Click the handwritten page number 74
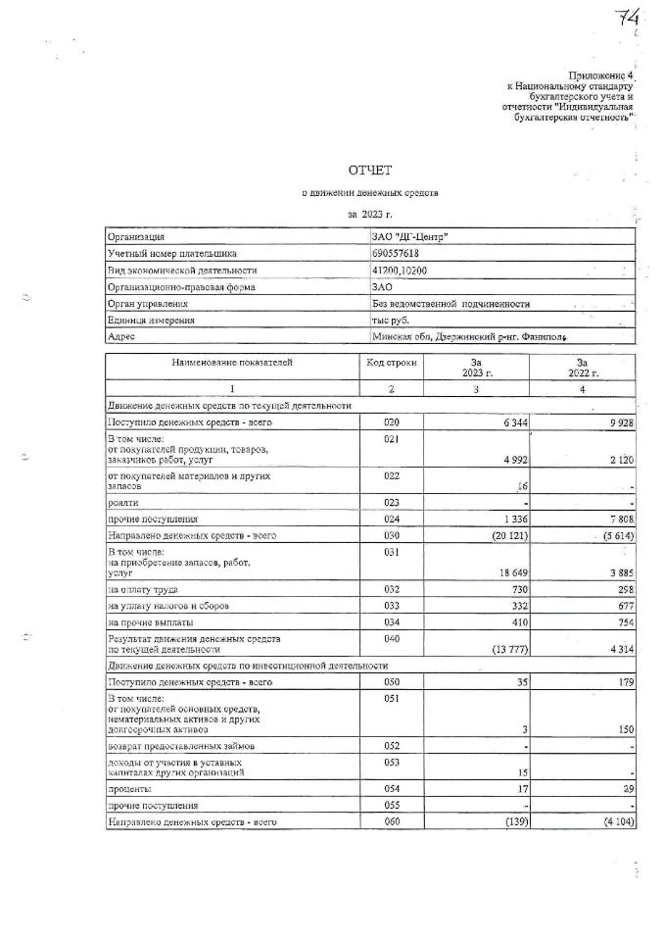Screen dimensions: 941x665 pyautogui.click(x=627, y=17)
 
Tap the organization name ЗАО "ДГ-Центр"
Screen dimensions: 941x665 pyautogui.click(x=411, y=237)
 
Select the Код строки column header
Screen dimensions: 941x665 pyautogui.click(x=391, y=363)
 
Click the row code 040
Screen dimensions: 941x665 pyautogui.click(x=391, y=637)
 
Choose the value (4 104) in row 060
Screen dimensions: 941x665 pyautogui.click(x=615, y=821)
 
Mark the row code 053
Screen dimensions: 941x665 pyautogui.click(x=391, y=762)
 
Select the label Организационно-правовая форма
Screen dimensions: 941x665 pyautogui.click(x=181, y=287)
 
